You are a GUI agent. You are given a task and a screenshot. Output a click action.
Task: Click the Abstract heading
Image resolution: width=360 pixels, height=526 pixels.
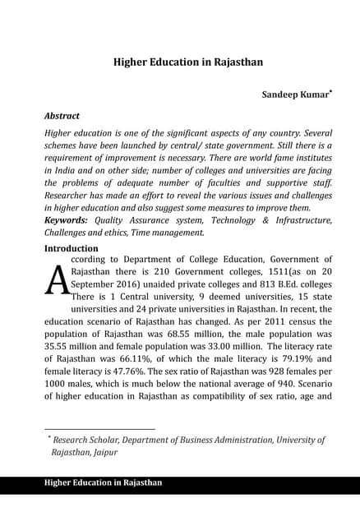click(62, 116)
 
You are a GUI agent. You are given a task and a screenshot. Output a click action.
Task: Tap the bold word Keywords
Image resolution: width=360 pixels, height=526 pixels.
click(67, 220)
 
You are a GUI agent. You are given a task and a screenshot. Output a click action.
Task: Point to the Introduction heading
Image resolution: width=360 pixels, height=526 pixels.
click(72, 247)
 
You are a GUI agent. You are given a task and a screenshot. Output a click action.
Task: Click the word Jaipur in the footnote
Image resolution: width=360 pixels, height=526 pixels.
click(104, 452)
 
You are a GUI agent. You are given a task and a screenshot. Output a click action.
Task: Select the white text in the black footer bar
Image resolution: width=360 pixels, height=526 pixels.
click(103, 482)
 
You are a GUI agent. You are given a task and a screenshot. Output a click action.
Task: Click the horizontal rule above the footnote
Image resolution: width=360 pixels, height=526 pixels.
click(99, 429)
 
